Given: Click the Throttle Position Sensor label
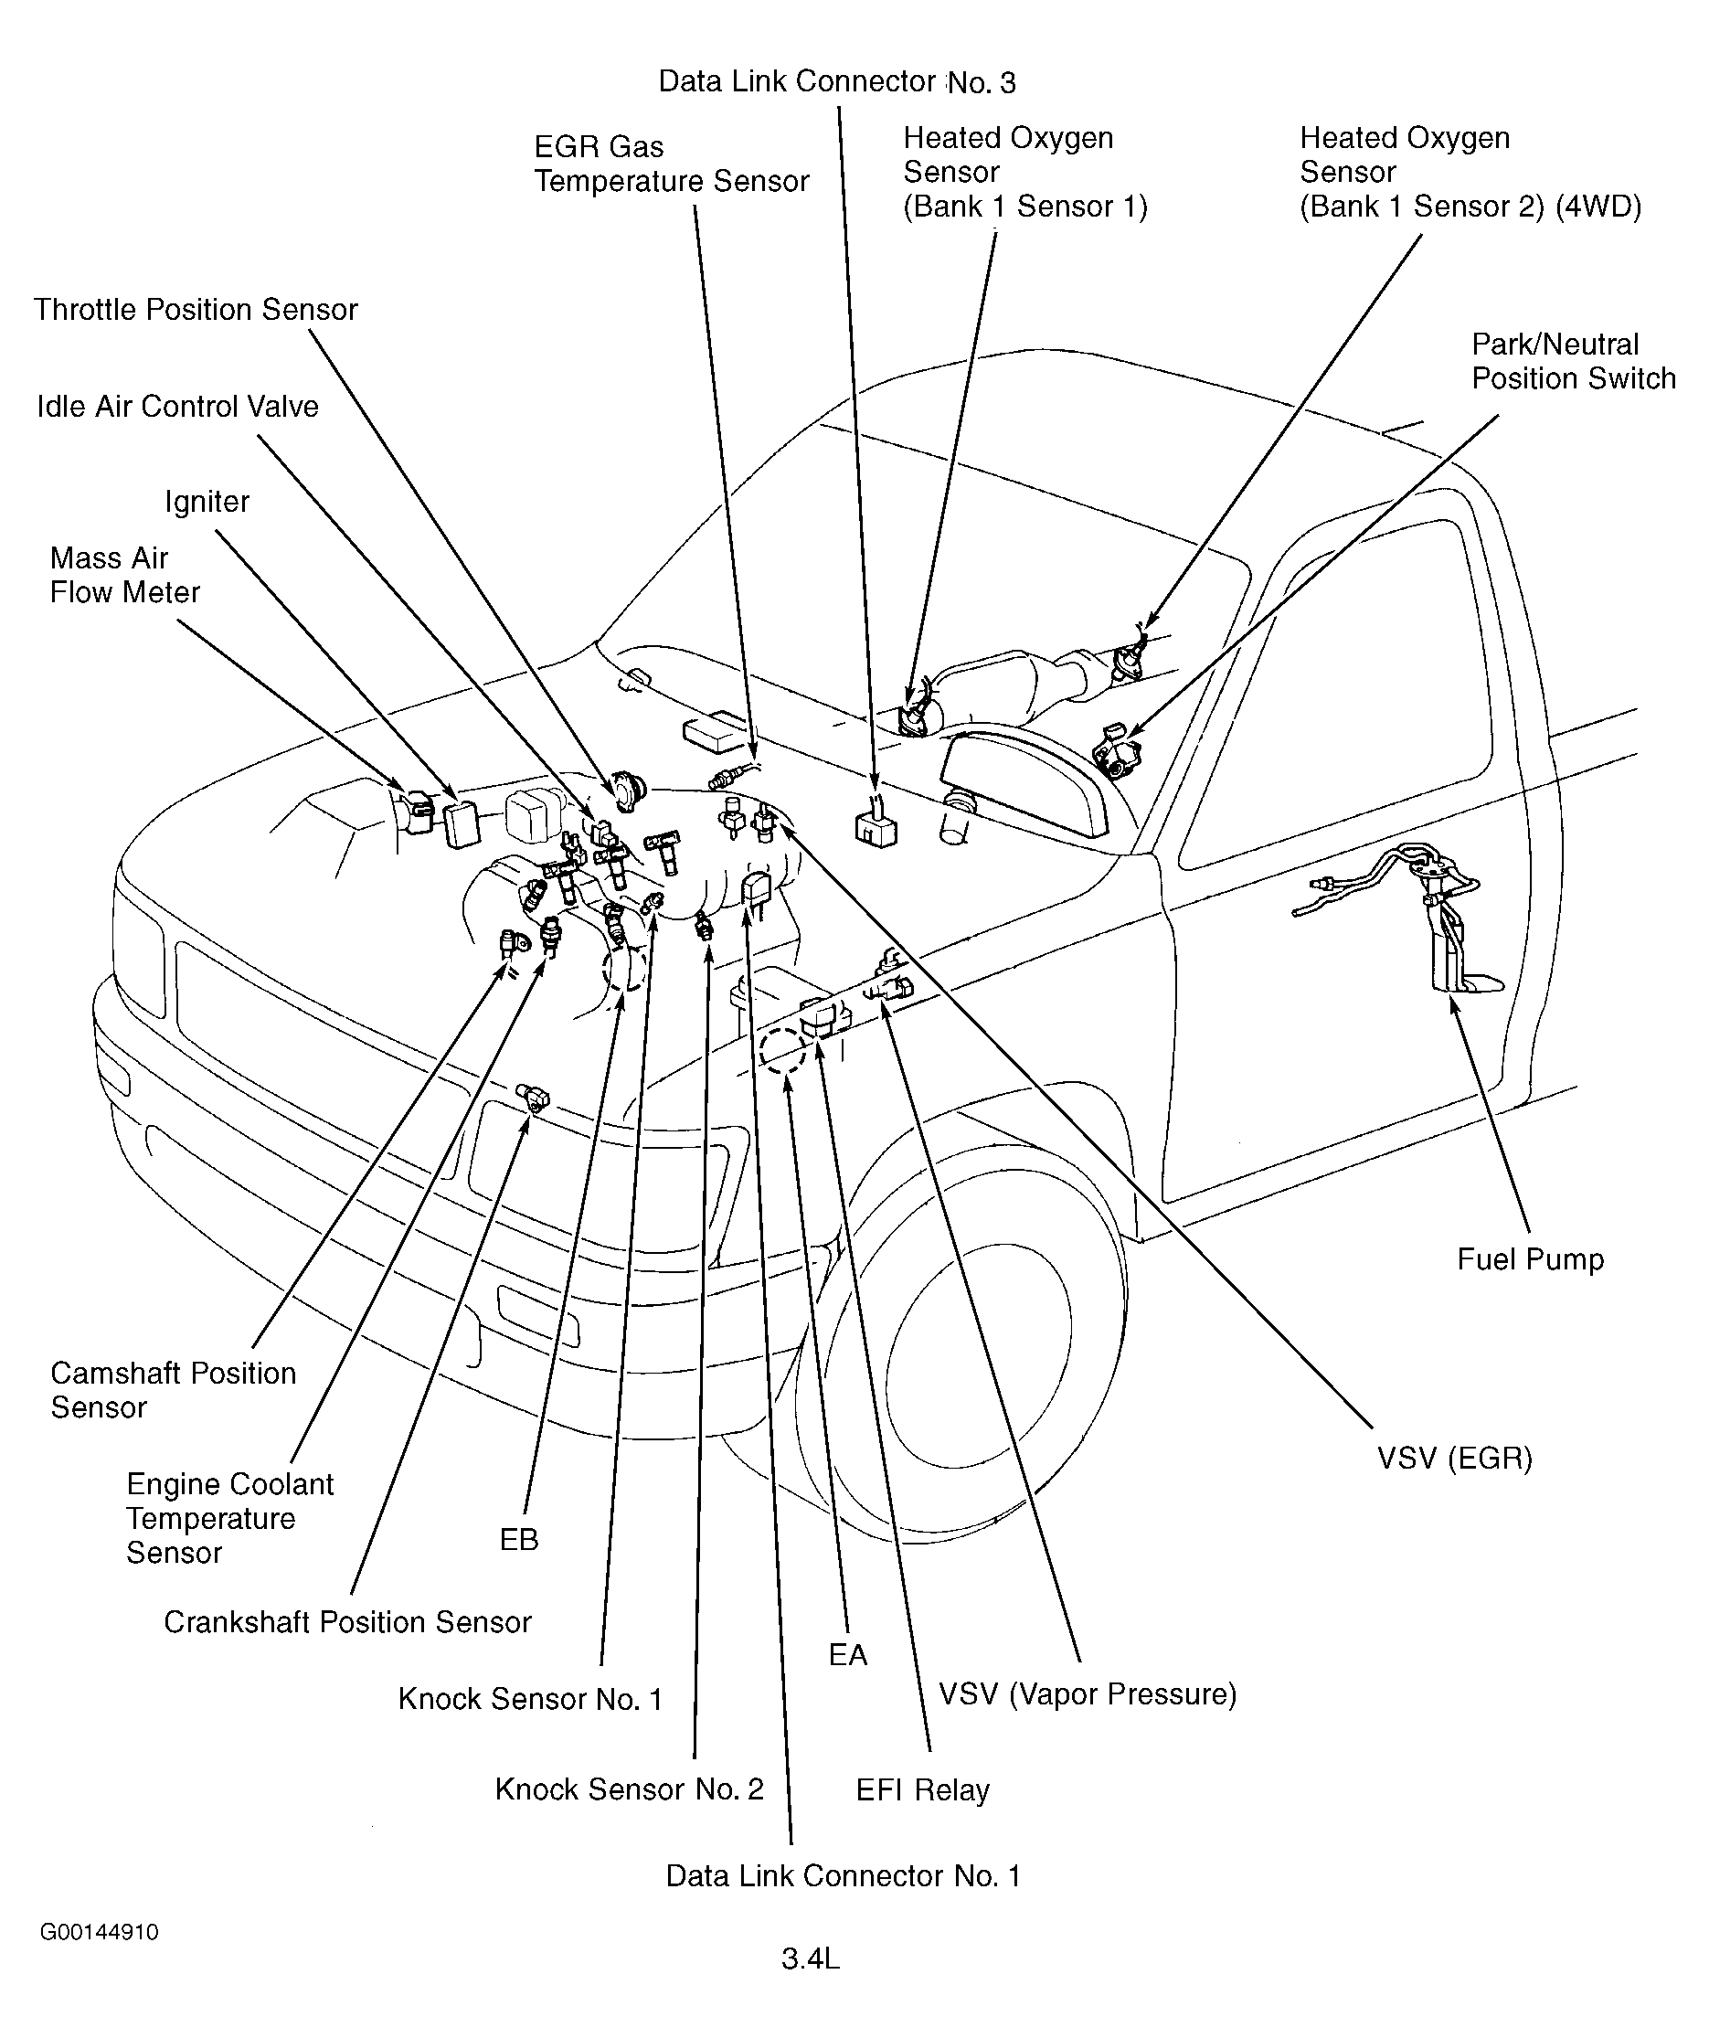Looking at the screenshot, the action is (x=196, y=311).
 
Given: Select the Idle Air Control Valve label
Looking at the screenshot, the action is (x=177, y=407).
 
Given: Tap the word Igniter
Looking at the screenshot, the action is (x=207, y=502).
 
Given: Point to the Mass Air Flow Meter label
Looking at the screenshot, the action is (x=124, y=576).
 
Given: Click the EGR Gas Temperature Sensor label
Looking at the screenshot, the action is (x=672, y=164).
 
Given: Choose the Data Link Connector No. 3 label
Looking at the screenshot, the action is (x=836, y=82).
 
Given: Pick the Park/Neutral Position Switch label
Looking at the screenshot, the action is (x=1573, y=361).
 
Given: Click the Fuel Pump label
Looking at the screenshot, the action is (x=1531, y=1259).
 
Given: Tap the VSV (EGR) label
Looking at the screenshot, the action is (x=1455, y=1459).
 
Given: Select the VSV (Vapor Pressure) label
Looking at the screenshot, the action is (x=1087, y=1694).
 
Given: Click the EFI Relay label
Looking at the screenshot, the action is (x=922, y=1790).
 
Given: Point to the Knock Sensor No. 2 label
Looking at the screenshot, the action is (x=629, y=1789).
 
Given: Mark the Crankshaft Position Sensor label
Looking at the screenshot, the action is (x=347, y=1623).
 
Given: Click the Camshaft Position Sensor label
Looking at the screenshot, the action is (x=173, y=1391).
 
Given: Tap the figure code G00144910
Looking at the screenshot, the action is (x=99, y=1931).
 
